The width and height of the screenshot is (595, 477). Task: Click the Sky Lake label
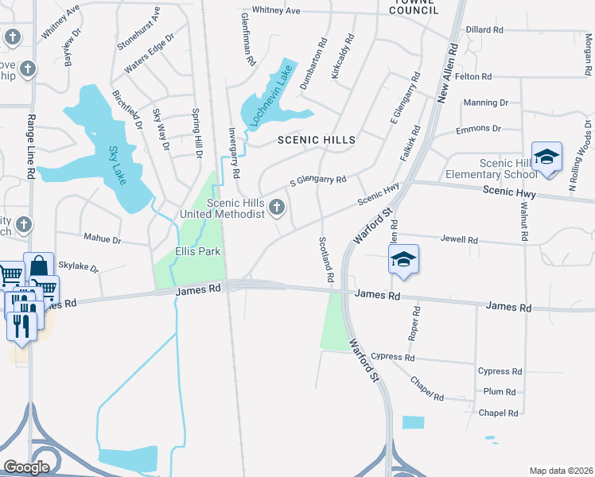click(118, 164)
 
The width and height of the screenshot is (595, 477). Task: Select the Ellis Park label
click(197, 252)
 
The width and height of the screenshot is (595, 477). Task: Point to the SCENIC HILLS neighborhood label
click(316, 140)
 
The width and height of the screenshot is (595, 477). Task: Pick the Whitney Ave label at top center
click(276, 10)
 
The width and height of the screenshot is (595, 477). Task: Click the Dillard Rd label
click(485, 29)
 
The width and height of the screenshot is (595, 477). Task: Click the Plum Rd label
click(500, 392)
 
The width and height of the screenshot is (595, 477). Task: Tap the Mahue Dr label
click(102, 238)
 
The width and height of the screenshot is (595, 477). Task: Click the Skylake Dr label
click(78, 269)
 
